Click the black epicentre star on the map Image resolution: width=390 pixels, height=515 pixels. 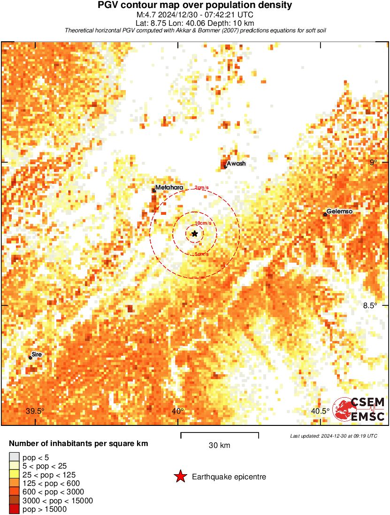pos(195,233)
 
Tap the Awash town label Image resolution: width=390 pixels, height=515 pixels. pos(236,164)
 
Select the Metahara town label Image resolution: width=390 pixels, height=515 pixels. pos(169,188)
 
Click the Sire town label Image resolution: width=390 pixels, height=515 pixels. pos(37,355)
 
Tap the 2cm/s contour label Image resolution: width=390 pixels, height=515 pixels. pos(201,188)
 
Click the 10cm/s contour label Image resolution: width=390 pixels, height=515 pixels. pos(202,223)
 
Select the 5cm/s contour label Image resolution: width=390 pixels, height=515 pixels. pos(201,254)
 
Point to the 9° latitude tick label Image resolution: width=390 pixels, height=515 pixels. pos(373,163)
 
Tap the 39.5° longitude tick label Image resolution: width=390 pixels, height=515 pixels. pos(35,411)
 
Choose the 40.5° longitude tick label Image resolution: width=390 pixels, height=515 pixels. pos(321,411)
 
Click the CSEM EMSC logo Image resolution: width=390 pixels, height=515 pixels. pos(359,409)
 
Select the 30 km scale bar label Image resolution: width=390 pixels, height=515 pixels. pos(219,446)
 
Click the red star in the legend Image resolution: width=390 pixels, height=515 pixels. pos(180,477)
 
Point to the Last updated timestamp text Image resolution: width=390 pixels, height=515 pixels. pos(334,436)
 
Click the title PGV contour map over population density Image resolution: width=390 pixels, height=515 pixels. pos(195,6)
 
